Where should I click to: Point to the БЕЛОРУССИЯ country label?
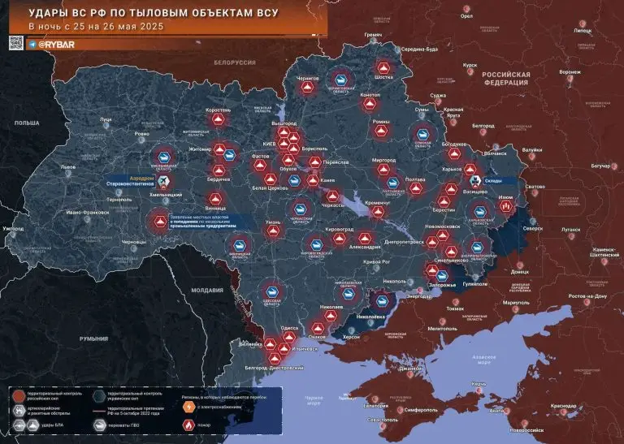[x=236, y=62]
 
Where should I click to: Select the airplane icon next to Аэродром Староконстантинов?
[x=163, y=179]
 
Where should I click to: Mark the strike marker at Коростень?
[x=218, y=119]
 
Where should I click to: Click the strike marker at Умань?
[x=273, y=232]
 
